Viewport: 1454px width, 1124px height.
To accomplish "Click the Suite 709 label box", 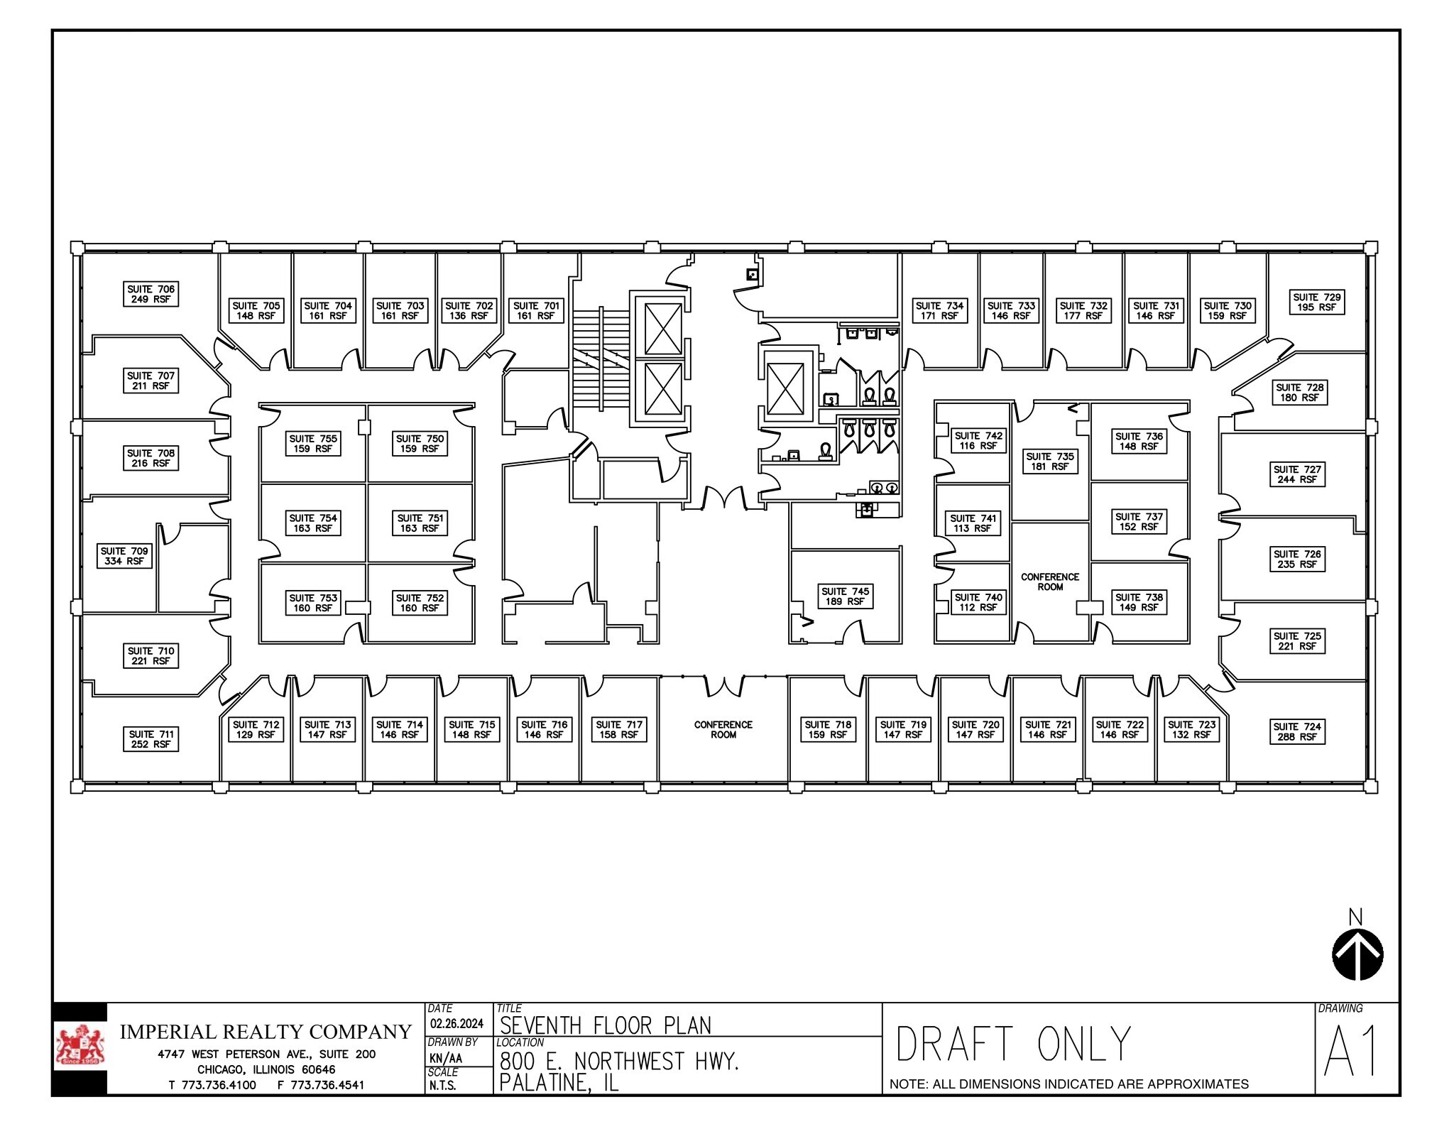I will pyautogui.click(x=124, y=556).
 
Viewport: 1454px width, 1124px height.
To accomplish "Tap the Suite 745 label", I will pyautogui.click(x=845, y=596).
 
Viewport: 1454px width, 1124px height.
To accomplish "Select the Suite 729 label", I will pyautogui.click(x=1316, y=302).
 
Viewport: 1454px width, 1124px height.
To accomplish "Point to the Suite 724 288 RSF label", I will pyautogui.click(x=1296, y=731).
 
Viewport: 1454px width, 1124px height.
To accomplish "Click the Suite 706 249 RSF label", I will pyautogui.click(x=151, y=294).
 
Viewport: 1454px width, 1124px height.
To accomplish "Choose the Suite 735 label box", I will pyautogui.click(x=1050, y=462).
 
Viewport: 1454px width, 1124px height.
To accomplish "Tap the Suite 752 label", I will pyautogui.click(x=420, y=603).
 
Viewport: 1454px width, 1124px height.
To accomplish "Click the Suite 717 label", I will pyautogui.click(x=619, y=729).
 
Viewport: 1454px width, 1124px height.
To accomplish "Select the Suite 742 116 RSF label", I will pyautogui.click(x=978, y=440).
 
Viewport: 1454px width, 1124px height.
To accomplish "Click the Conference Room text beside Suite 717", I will pyautogui.click(x=723, y=729).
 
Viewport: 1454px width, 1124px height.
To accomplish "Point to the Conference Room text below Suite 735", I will pyautogui.click(x=1050, y=582).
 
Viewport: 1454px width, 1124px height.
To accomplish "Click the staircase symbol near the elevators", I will pyautogui.click(x=601, y=358).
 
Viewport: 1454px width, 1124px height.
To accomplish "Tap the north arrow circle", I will pyautogui.click(x=1357, y=955).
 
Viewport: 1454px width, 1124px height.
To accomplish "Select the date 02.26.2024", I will pyautogui.click(x=457, y=1024).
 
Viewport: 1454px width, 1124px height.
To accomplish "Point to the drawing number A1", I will pyautogui.click(x=1351, y=1052).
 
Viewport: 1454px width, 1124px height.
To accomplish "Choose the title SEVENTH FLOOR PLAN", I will pyautogui.click(x=605, y=1025).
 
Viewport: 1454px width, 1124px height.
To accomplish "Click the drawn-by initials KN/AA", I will pyautogui.click(x=446, y=1058).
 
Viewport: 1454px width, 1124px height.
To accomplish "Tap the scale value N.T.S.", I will pyautogui.click(x=442, y=1086).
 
